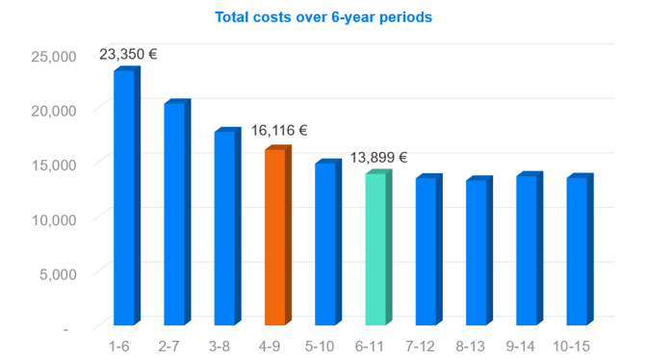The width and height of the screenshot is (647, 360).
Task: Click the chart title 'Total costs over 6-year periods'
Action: point(323,17)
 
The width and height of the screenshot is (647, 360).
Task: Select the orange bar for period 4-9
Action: point(278,235)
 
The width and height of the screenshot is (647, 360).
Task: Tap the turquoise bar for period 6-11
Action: point(378,247)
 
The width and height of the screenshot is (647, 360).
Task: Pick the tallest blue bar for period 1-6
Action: point(127,195)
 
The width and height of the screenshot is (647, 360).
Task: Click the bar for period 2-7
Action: point(177,212)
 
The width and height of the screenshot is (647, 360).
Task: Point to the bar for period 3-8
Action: point(228,226)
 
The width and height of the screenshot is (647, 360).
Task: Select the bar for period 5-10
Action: point(328,242)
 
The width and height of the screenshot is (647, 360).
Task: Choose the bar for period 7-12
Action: point(429,249)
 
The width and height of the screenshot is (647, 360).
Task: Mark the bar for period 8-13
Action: point(479,250)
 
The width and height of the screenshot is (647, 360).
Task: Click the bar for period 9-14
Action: point(530,248)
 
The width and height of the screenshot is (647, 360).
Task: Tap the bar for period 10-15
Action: point(581,249)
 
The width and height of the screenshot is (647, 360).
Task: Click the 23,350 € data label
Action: point(128,55)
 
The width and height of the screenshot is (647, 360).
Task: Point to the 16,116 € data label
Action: point(279,131)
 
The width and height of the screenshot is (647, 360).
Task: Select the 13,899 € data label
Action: point(378,158)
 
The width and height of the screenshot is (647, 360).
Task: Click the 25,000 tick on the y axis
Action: point(54,57)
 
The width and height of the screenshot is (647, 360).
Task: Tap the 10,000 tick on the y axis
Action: point(54,219)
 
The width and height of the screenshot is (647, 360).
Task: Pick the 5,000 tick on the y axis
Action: point(58,274)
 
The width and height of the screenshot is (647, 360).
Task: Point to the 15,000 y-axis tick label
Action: point(54,166)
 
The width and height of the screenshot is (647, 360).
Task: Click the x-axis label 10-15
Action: point(572,347)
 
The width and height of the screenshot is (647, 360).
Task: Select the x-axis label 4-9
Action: point(270,347)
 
